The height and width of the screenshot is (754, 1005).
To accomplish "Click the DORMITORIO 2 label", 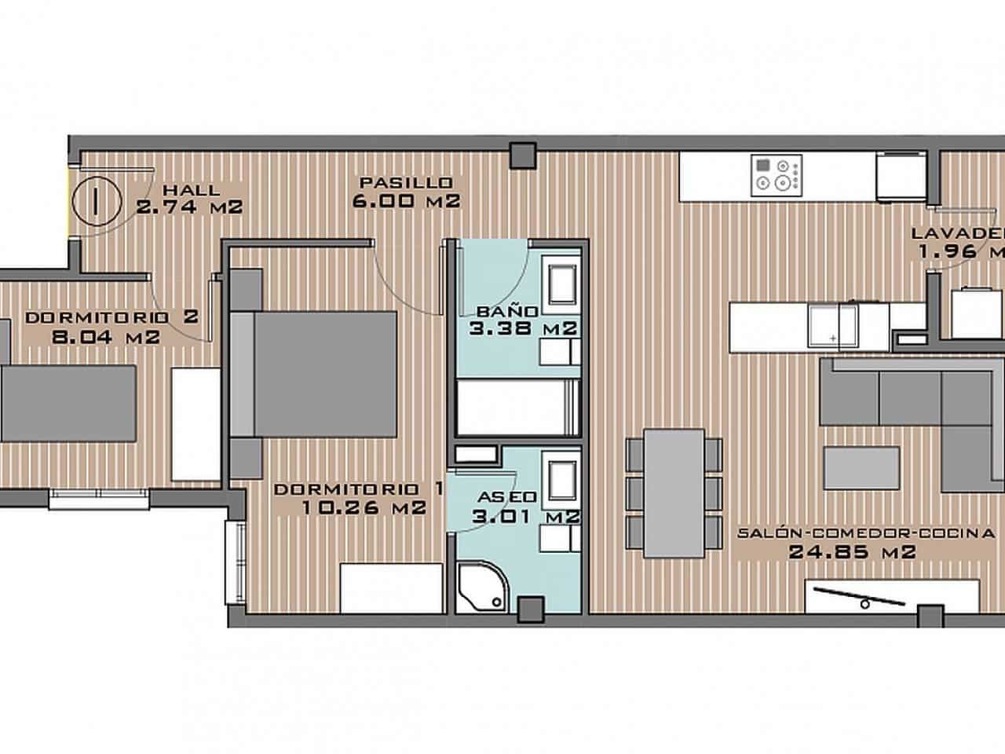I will tap(111, 317).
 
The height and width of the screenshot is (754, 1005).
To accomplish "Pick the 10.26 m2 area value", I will tap(364, 507).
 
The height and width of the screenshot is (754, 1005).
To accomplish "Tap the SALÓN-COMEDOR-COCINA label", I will tap(866, 533).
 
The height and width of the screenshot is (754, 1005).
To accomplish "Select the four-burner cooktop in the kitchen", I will tap(777, 174).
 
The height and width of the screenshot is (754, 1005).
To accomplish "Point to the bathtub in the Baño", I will tap(518, 407).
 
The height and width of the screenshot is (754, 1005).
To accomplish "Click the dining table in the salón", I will tap(674, 492).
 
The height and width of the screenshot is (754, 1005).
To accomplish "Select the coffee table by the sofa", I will tap(861, 467).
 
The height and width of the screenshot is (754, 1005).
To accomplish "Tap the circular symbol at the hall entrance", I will tap(94, 201).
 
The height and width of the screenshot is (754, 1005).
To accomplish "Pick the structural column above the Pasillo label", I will tap(521, 156).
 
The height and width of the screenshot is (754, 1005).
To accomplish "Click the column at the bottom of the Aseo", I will tap(532, 609).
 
